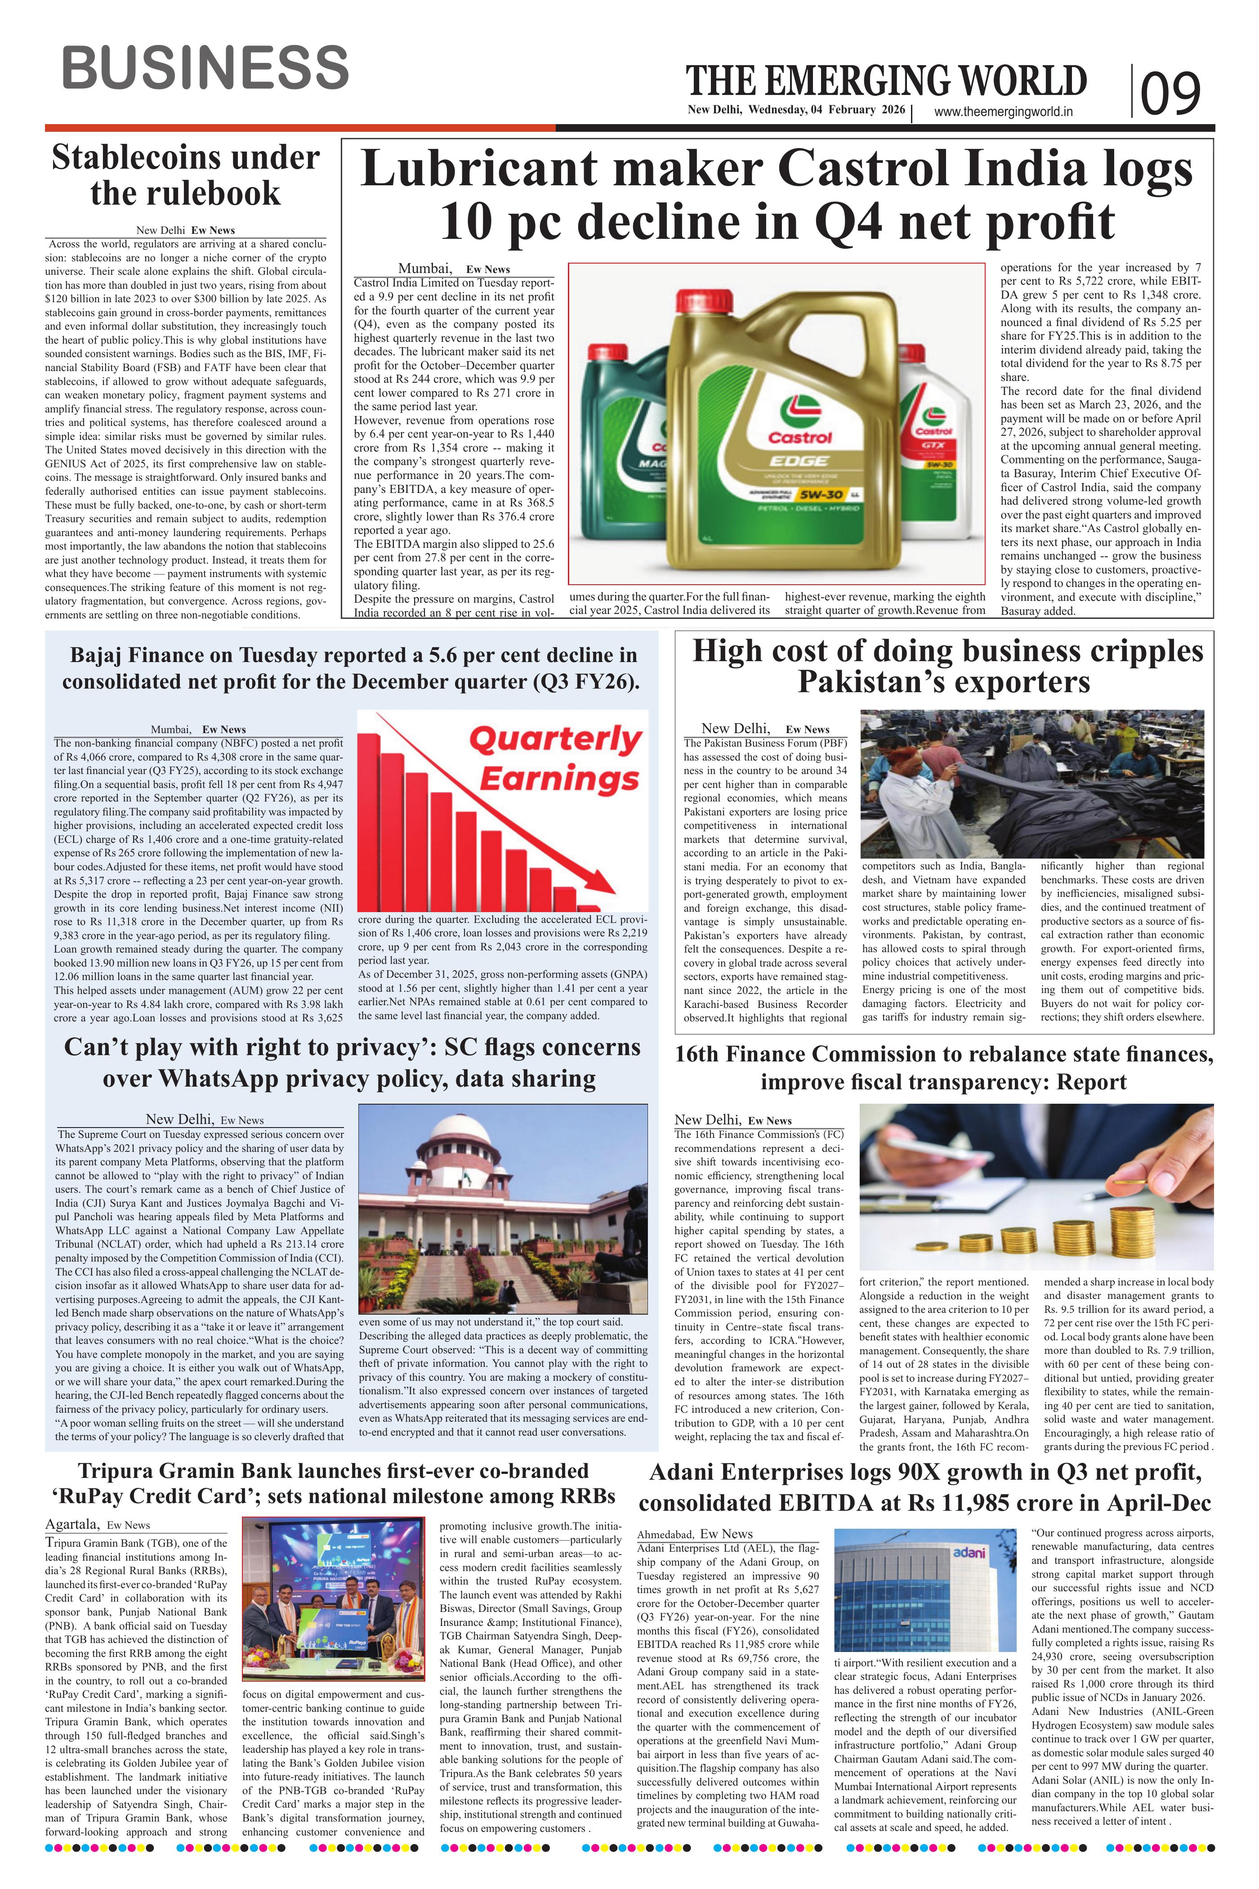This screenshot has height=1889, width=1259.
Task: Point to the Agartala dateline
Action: [72, 1524]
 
